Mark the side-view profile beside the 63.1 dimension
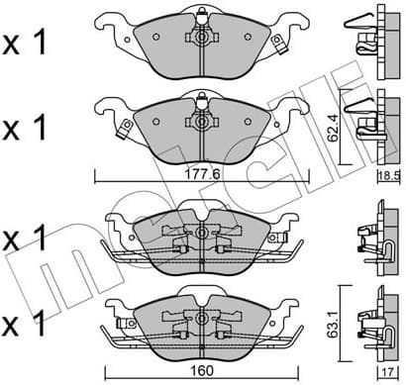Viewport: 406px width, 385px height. tap(370, 317)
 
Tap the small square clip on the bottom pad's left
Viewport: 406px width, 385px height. tap(123, 325)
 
